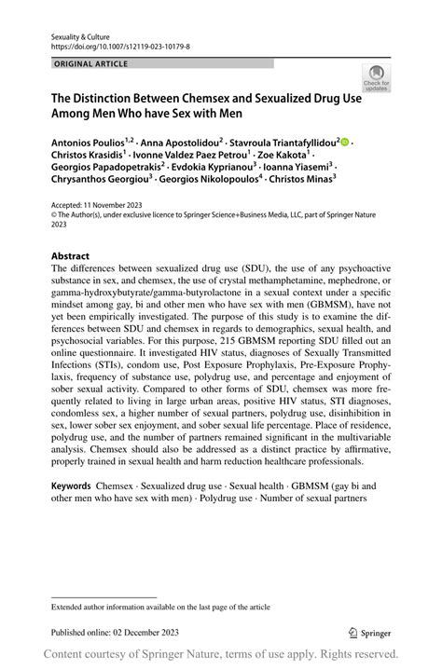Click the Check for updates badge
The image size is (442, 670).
click(x=376, y=77)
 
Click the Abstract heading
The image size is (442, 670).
click(x=71, y=255)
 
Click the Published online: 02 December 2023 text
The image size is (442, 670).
click(x=115, y=632)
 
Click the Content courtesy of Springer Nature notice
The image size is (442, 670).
click(x=221, y=655)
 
